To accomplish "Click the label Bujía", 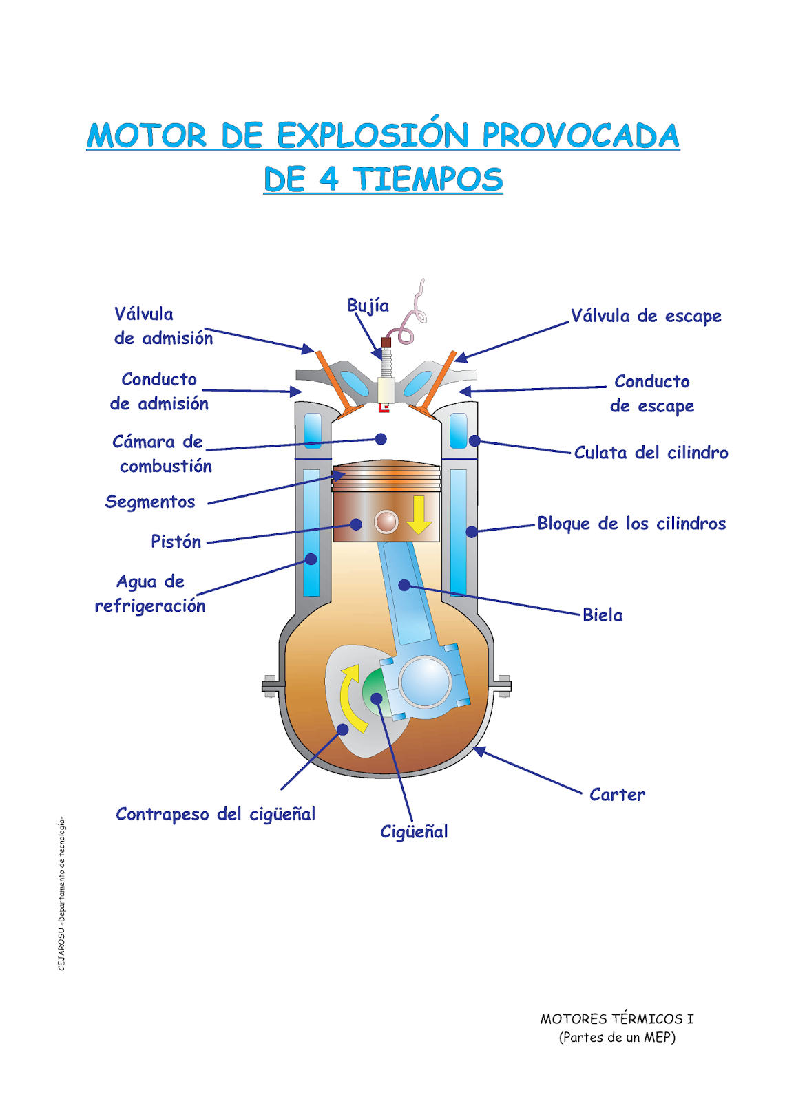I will (x=368, y=306).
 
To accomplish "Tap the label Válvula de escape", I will (x=646, y=317).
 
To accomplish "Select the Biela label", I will (x=603, y=615).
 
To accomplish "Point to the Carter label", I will (x=617, y=795).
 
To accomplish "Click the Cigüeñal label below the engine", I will (x=414, y=832).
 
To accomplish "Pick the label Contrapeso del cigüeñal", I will (x=216, y=815).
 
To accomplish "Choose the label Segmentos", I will (x=150, y=502).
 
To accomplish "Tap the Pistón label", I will (x=176, y=542).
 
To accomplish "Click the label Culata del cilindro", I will (x=651, y=453).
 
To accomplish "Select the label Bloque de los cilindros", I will (x=631, y=524).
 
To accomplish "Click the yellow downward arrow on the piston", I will (x=419, y=515).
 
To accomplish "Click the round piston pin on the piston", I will (x=386, y=522).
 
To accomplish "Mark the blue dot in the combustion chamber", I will (x=381, y=439).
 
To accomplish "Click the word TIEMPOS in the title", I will (x=428, y=180).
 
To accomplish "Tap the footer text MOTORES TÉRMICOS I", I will (x=617, y=1019).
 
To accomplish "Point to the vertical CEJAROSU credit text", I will (x=61, y=895).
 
